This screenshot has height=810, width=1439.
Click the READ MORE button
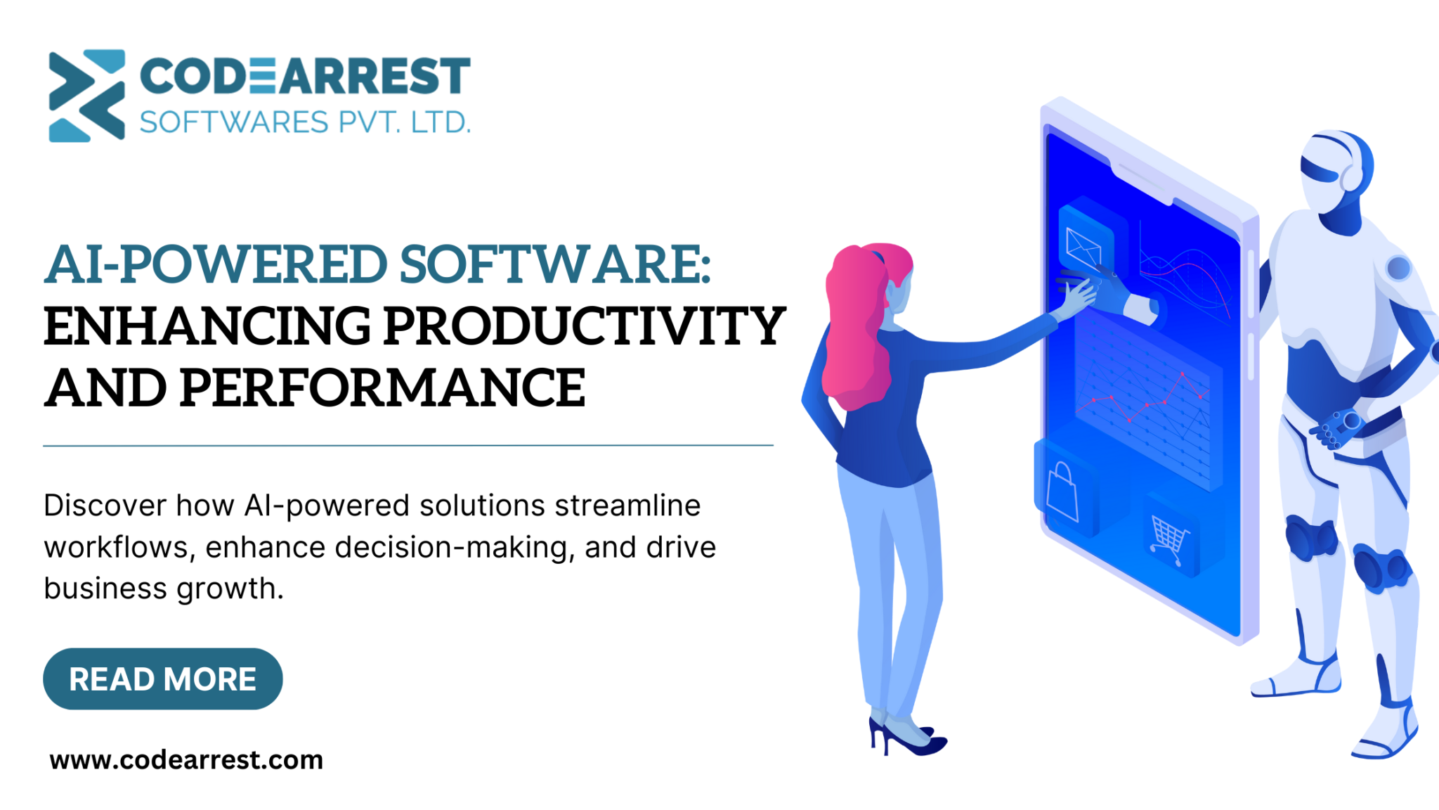[162, 679]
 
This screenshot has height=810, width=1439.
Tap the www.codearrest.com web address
[186, 760]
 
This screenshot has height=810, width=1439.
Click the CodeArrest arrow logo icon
[86, 95]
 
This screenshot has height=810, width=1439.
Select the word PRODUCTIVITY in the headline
[584, 327]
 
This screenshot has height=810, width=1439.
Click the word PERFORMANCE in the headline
[382, 388]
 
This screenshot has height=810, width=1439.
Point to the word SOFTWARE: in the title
[555, 265]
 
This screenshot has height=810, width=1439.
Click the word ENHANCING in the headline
[207, 327]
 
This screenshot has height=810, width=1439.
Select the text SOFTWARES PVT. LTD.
[304, 122]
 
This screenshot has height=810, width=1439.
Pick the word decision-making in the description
[455, 547]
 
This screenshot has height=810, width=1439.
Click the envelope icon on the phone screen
[1083, 246]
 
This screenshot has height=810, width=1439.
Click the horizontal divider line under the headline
[408, 445]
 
